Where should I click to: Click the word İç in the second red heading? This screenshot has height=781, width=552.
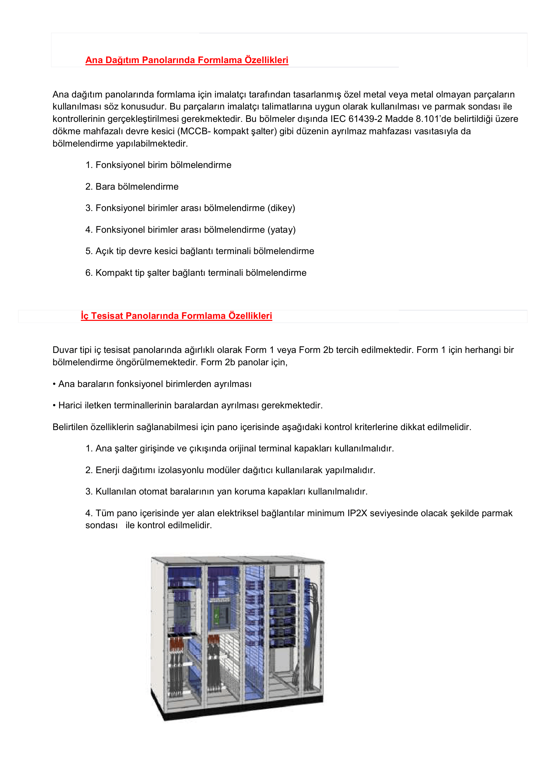point(85,316)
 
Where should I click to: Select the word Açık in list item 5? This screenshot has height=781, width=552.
point(104,251)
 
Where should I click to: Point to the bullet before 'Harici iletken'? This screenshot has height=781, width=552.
point(54,406)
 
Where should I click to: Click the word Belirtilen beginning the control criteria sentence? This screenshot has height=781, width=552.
point(70,427)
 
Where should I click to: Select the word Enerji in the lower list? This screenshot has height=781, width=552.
point(107,470)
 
